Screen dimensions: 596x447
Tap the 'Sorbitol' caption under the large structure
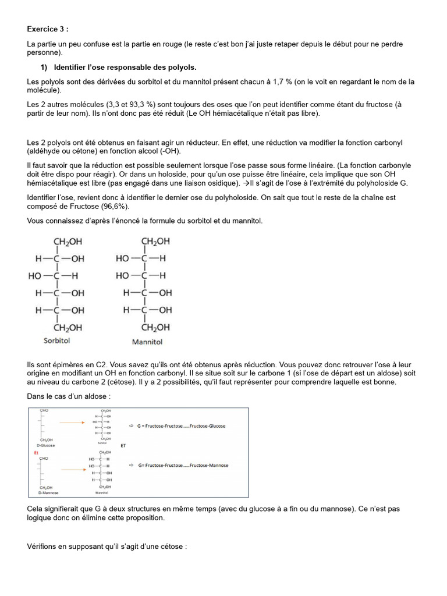click(57, 341)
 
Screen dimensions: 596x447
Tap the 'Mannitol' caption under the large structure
click(147, 342)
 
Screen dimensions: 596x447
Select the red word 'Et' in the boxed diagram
click(36, 451)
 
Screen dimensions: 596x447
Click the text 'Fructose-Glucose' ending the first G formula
click(207, 426)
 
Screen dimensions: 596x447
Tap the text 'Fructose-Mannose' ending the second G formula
click(208, 466)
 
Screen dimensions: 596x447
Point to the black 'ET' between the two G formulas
click(123, 446)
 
